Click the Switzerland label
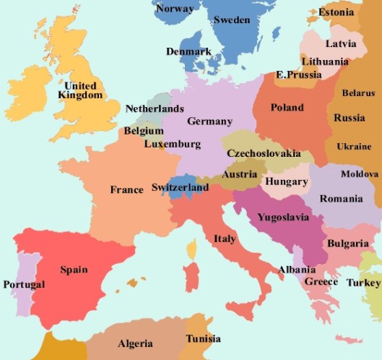point(180,188)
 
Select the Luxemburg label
point(173,144)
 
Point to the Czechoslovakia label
point(264,153)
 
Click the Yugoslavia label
point(283,217)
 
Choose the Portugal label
point(24,284)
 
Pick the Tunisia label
point(204,338)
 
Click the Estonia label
point(336,12)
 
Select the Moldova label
point(360,174)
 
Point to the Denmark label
point(188,51)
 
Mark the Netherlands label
point(155,108)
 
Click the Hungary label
point(286,181)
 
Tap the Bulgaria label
point(348,244)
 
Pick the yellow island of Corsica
point(191,249)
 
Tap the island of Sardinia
point(191,278)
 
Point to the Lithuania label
point(325,61)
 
